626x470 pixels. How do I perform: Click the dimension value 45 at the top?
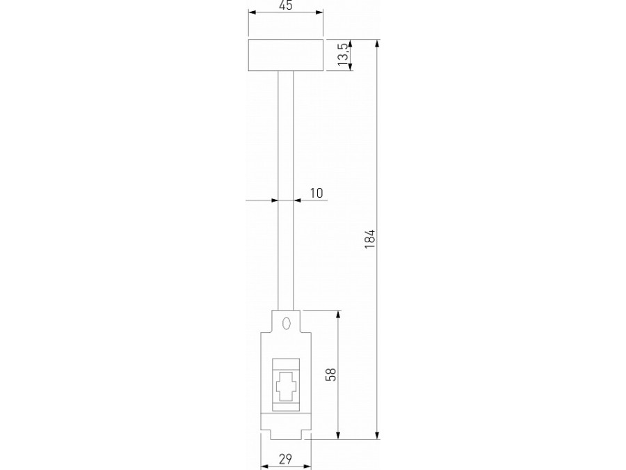285,6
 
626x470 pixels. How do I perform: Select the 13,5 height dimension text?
342,55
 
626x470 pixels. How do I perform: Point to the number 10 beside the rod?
316,193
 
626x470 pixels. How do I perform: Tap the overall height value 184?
370,240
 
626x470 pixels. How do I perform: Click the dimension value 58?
331,375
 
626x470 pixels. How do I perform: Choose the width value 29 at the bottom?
285,458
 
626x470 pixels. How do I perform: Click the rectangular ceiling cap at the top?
285,56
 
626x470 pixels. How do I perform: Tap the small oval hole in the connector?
285,323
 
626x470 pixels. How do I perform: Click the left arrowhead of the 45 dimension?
251,13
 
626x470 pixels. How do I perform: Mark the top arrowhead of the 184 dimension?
378,44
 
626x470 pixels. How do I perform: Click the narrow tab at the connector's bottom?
285,434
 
